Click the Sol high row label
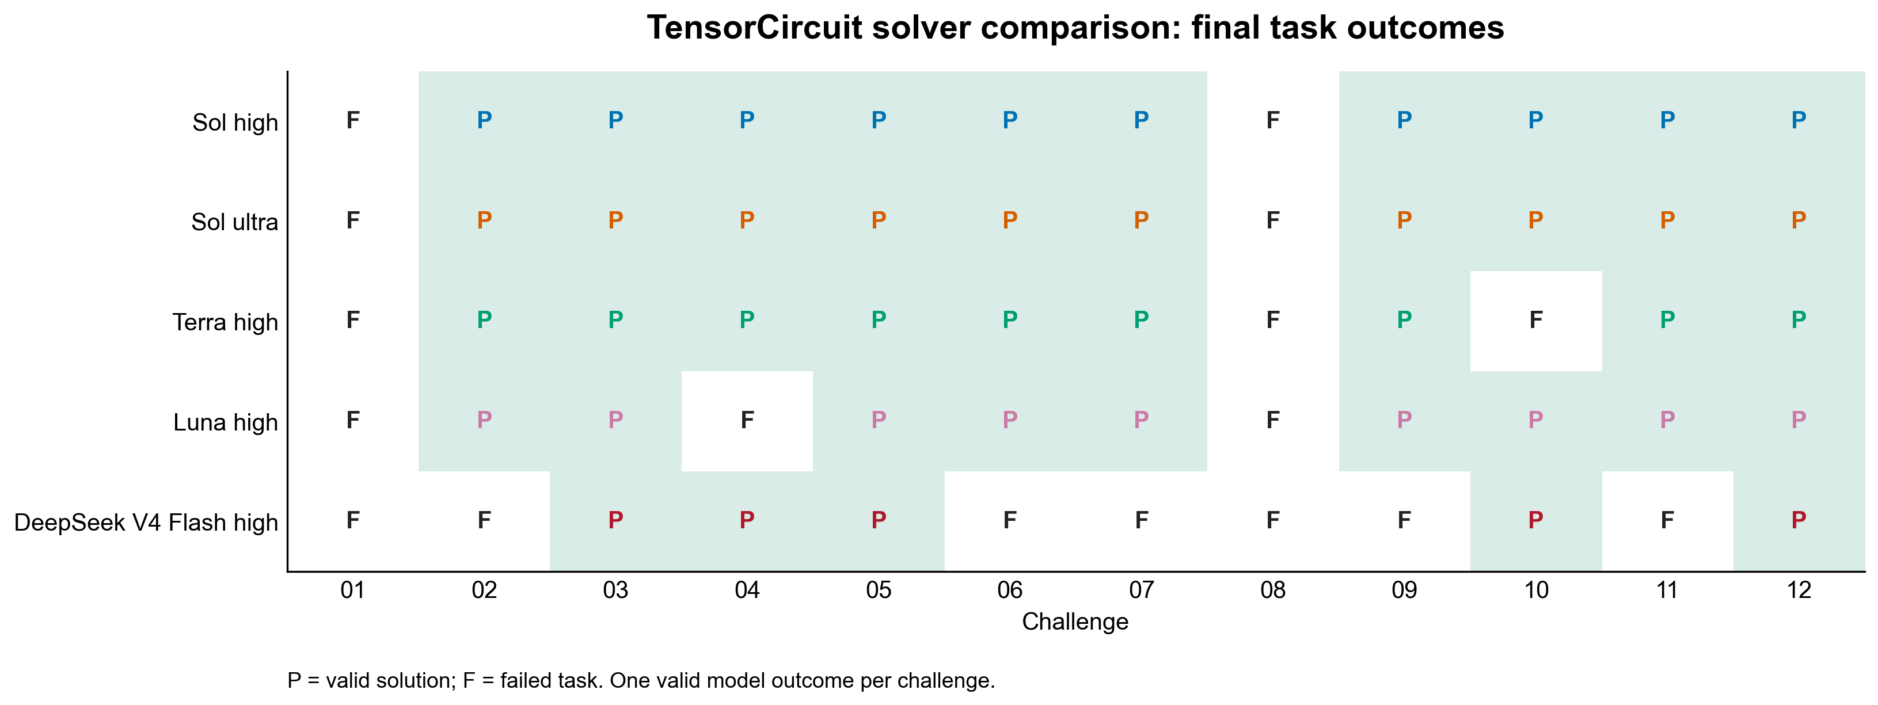tap(235, 123)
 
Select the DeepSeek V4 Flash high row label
tap(146, 523)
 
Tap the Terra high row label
tap(225, 322)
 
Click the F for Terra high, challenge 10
tap(1535, 320)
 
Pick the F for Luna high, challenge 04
tap(747, 420)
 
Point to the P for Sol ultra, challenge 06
tap(1010, 220)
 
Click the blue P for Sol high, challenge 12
tap(1799, 120)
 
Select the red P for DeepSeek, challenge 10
tap(1535, 520)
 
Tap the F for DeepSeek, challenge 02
tap(484, 520)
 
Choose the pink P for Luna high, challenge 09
tap(1404, 420)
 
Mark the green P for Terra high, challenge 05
tap(879, 320)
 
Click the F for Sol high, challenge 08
tap(1273, 120)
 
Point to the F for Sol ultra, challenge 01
tap(353, 220)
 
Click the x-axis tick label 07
tap(1141, 590)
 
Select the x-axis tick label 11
tap(1667, 590)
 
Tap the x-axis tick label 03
tap(615, 590)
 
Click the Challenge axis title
tap(1075, 622)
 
